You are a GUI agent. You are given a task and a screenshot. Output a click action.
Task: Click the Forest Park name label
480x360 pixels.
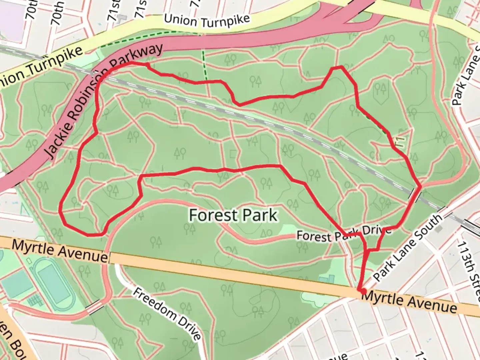[233, 215]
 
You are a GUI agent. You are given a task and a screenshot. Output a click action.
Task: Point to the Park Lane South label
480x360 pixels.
[408, 248]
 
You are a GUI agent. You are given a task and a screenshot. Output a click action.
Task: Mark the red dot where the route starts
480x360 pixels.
[363, 291]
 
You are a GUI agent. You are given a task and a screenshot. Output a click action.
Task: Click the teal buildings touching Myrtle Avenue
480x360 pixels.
[327, 279]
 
